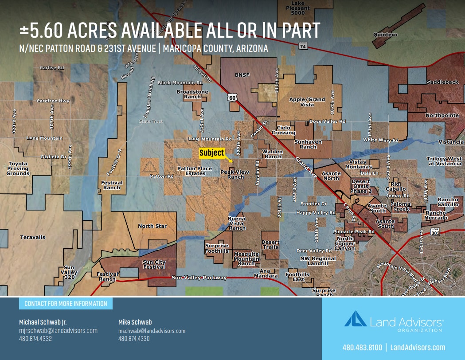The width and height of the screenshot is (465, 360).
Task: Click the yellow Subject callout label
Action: tap(211, 153)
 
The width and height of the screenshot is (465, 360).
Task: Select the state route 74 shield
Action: tap(303, 45)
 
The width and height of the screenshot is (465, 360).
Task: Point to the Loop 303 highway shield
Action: tap(435, 231)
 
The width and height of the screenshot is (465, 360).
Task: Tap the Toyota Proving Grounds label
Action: tap(18, 168)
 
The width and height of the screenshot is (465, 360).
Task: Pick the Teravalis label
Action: tap(33, 237)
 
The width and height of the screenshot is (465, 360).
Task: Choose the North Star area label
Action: tap(152, 226)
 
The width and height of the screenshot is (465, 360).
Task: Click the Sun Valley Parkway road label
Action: tap(199, 278)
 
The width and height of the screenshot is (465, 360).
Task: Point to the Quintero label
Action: tap(385, 35)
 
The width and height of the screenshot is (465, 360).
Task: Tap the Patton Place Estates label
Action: tap(195, 171)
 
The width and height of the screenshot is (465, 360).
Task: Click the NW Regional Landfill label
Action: tap(317, 261)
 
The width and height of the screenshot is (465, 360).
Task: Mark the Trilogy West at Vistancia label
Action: tap(444, 161)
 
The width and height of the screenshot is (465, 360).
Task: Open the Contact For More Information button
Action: tap(66, 304)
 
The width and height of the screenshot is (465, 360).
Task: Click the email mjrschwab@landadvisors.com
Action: tap(58, 331)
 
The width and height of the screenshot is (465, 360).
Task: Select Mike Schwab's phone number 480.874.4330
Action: tap(134, 339)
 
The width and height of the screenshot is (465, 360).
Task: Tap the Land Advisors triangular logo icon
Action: tap(356, 319)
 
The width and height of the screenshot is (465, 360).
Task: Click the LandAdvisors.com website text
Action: tap(418, 347)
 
